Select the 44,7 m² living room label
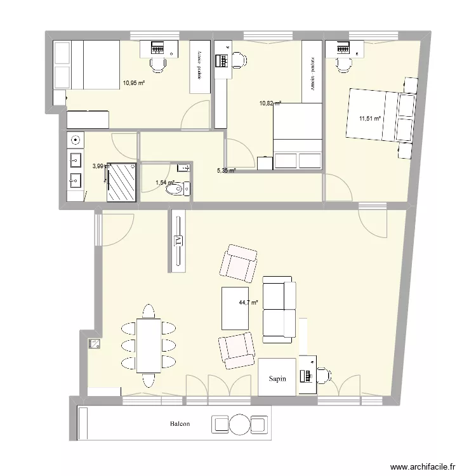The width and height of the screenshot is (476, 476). pyautogui.click(x=248, y=303)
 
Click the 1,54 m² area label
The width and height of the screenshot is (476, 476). pyautogui.click(x=165, y=183)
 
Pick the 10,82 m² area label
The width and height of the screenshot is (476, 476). pyautogui.click(x=270, y=103)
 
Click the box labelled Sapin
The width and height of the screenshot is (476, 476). pyautogui.click(x=277, y=378)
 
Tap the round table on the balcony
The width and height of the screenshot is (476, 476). pyautogui.click(x=241, y=424)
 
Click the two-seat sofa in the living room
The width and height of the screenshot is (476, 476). pyautogui.click(x=279, y=308)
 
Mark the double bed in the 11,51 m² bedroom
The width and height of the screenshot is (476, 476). pyautogui.click(x=378, y=115)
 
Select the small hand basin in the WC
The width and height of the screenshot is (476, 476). pyautogui.click(x=183, y=168)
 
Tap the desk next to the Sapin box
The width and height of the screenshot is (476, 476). pyautogui.click(x=307, y=375)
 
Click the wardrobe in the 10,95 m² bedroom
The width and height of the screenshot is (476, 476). pyautogui.click(x=199, y=67)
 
